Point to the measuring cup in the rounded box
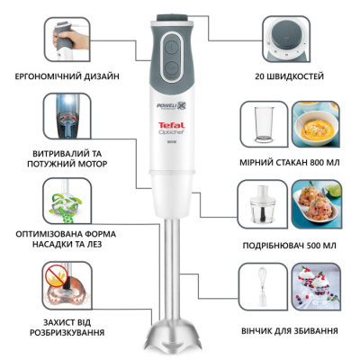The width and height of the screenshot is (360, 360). (265, 127)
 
